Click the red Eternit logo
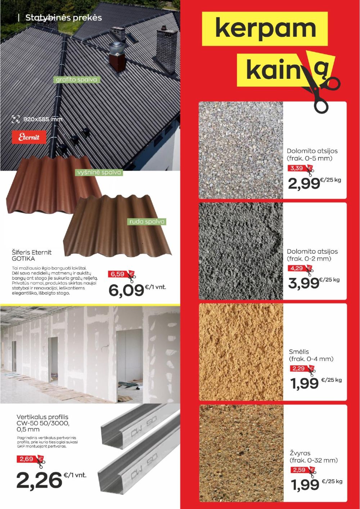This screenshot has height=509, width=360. point(29,137)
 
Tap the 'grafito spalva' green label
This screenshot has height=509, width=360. point(76,80)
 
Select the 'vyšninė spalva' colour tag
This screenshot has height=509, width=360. point(99,172)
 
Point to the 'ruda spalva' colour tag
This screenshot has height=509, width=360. point(147,221)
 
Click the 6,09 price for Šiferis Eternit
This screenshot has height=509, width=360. point(126,290)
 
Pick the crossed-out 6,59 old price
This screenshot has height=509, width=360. point(118,274)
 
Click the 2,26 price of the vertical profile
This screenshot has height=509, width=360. point(39,480)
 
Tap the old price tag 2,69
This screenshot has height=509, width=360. point(27,459)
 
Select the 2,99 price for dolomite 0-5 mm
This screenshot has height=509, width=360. point(304,184)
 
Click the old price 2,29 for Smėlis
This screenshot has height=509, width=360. point(298,369)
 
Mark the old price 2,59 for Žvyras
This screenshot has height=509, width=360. point(299,470)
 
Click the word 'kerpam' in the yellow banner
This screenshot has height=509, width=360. point(265,29)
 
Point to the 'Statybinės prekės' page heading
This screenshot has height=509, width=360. point(63,18)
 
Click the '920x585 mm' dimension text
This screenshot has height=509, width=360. point(43,119)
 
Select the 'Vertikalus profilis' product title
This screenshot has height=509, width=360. point(42,417)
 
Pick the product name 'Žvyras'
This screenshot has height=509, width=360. point(300,453)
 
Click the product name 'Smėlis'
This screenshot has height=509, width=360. point(299,352)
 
